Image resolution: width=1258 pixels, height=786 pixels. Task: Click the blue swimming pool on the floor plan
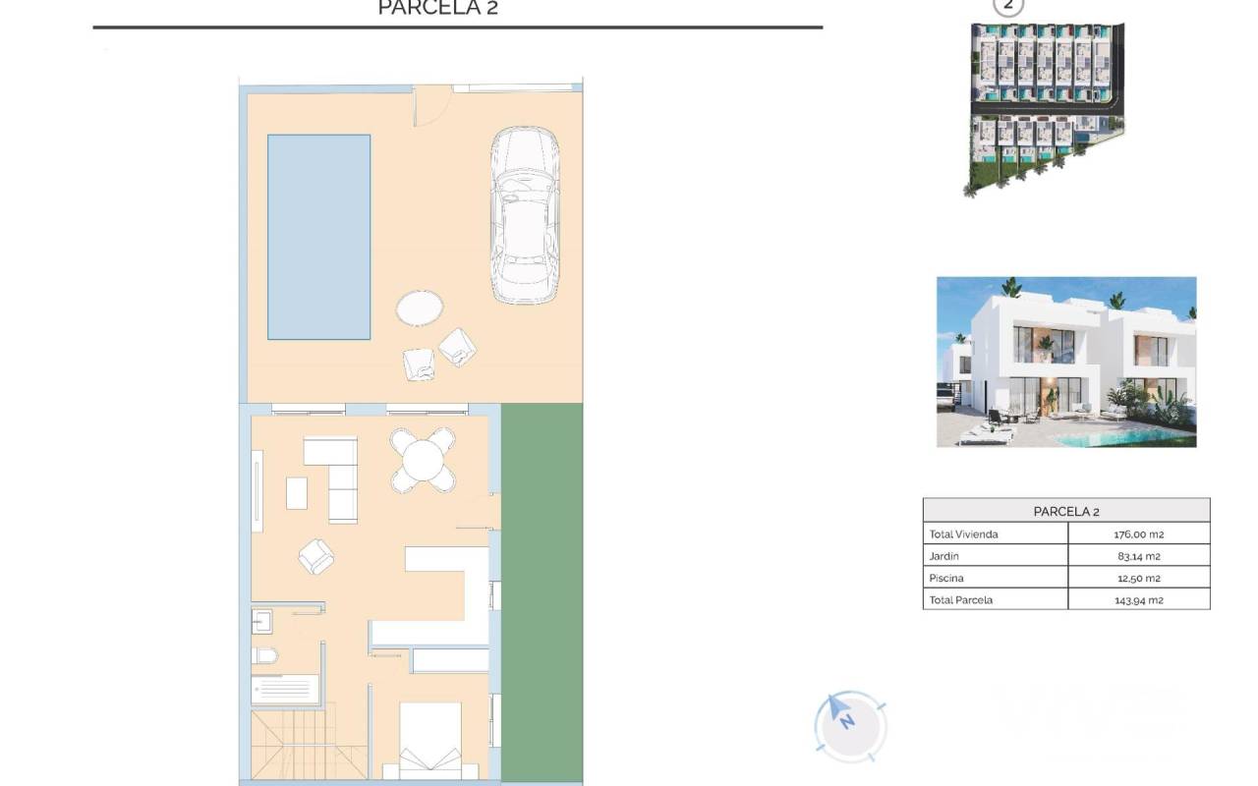[319, 237]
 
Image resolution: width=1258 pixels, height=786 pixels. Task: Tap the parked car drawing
[525, 215]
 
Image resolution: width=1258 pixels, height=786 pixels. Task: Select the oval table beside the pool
[420, 308]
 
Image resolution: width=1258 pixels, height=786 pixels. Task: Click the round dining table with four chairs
[423, 461]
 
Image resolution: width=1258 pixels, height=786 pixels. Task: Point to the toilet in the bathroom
[264, 655]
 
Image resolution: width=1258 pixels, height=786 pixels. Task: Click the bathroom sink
[262, 622]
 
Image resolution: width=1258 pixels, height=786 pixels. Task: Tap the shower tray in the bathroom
[285, 690]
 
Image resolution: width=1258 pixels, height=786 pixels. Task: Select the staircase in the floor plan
[309, 745]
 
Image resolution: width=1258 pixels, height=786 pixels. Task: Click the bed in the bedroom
[430, 740]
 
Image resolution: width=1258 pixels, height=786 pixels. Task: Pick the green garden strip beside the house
[542, 591]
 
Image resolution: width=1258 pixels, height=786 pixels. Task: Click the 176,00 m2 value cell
[1138, 533]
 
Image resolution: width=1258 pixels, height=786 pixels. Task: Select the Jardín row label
[944, 556]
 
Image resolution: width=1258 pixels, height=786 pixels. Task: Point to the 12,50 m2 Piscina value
[1138, 578]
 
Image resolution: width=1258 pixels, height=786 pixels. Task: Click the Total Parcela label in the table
[961, 599]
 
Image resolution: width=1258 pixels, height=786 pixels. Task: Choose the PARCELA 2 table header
[1066, 512]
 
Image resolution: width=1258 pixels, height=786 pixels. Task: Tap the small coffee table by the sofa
[297, 493]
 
